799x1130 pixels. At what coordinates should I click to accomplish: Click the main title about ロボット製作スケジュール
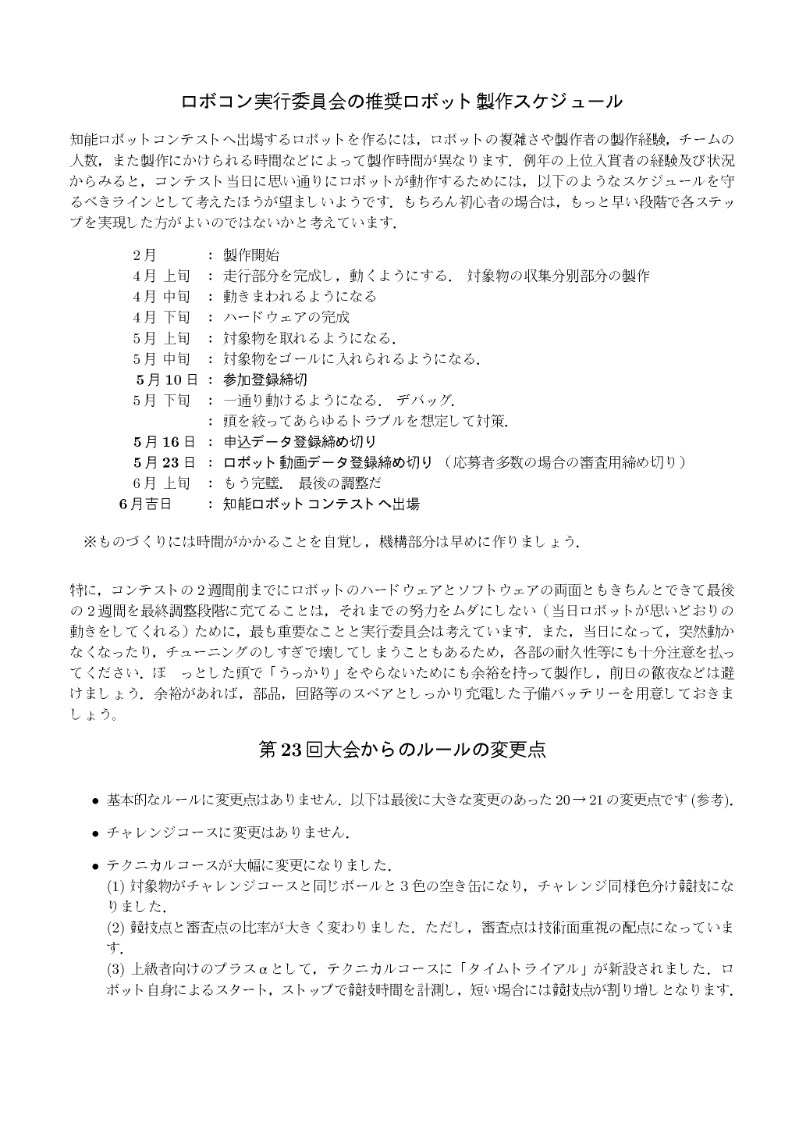coord(401,102)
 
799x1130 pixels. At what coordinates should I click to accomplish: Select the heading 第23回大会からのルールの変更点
coord(401,750)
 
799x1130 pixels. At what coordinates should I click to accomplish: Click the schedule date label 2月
coord(144,255)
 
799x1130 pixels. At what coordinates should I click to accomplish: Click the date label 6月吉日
coord(145,504)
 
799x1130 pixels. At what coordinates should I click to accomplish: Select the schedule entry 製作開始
coord(251,255)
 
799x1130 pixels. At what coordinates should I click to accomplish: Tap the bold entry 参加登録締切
coord(265,380)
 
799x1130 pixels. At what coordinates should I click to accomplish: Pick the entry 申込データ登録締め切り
coord(300,442)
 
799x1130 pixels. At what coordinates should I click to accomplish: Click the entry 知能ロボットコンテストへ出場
coord(321,504)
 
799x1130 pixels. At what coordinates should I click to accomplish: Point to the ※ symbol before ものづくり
coord(88,541)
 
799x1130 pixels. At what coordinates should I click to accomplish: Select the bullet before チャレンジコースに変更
coord(95,833)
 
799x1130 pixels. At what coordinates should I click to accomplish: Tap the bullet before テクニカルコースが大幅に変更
coord(95,866)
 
